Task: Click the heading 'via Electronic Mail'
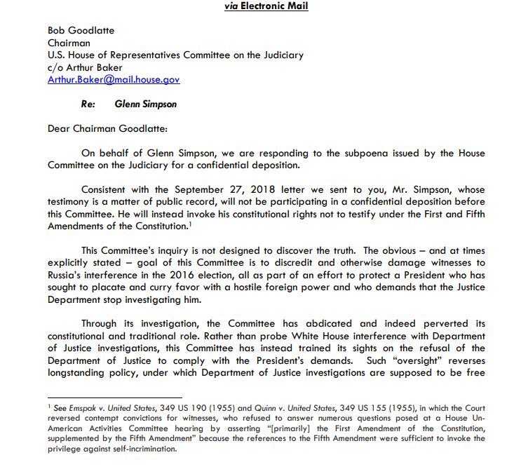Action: (x=261, y=7)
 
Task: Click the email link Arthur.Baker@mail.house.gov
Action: (x=113, y=79)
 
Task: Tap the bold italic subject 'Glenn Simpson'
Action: (x=145, y=104)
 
